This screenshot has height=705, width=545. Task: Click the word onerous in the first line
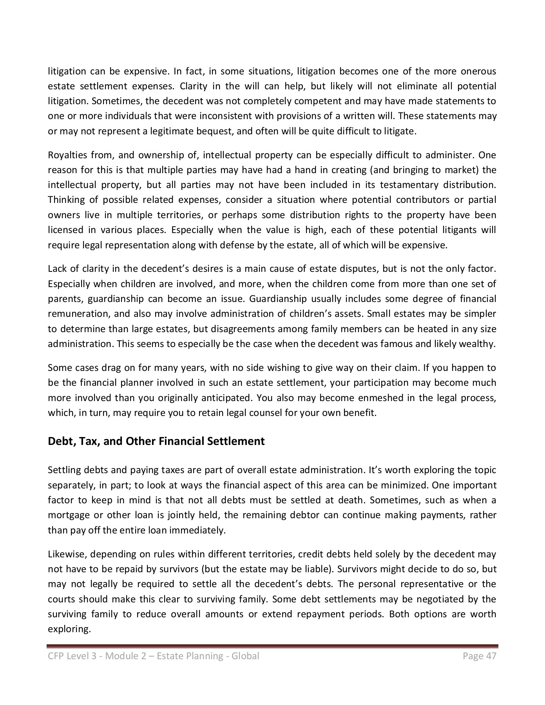coord(479,71)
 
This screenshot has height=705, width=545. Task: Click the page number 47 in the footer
coord(491,656)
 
